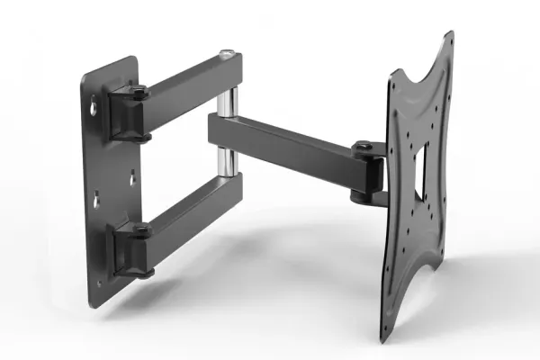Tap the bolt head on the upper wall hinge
140,90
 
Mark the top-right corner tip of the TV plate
449,34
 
